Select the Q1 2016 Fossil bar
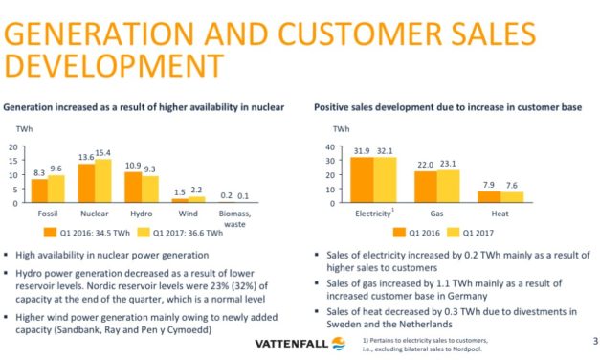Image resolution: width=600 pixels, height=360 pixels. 39,191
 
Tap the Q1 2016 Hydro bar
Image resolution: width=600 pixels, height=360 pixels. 132,188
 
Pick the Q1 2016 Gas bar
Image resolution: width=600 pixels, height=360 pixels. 425,186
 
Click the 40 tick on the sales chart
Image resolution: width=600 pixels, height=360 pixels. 330,147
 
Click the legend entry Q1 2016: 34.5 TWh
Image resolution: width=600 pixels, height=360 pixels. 89,233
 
